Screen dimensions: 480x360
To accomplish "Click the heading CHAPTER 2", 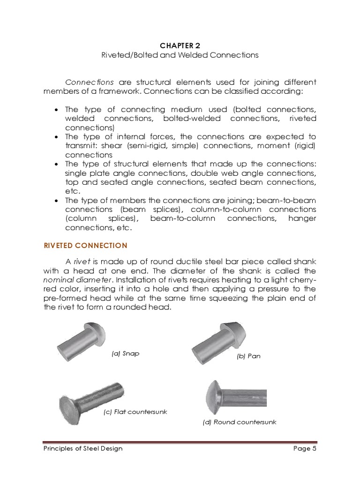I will coord(180,45).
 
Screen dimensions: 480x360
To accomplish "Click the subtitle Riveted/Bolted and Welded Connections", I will coord(180,55).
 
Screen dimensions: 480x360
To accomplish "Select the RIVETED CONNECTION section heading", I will coord(85,245).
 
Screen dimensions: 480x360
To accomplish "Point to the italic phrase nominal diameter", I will coord(69,280).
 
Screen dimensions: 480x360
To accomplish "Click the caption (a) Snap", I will coord(125,353).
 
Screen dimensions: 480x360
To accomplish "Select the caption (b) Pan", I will coord(248,356).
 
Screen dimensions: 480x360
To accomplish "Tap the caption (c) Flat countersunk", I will coord(135,412).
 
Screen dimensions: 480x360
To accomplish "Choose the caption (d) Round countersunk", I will coord(239,422).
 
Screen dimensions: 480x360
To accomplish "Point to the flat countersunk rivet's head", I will coord(70,405).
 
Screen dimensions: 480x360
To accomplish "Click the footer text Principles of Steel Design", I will coord(82,449).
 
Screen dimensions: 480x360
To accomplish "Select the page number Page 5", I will coord(305,449).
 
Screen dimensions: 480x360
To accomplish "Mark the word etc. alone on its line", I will coord(73,192).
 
